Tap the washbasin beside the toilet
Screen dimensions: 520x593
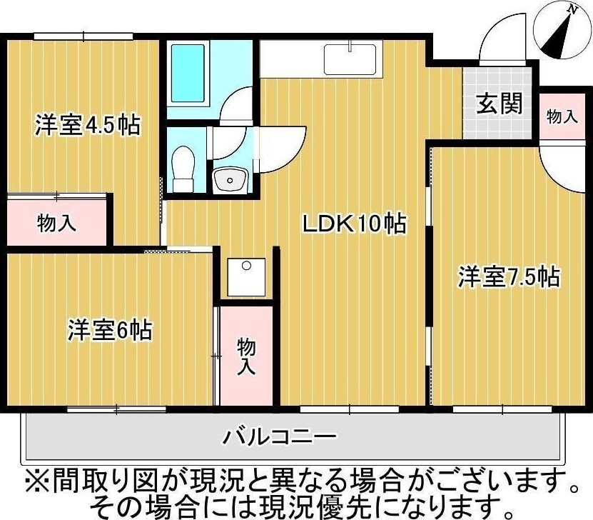click(x=230, y=179)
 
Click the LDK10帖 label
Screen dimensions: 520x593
click(x=355, y=224)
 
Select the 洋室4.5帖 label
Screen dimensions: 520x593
click(x=86, y=126)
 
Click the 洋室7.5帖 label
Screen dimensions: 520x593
click(x=508, y=276)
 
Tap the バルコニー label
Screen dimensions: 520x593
click(x=280, y=435)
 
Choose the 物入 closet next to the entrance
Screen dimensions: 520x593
click(x=562, y=116)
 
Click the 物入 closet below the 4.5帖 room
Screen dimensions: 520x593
click(x=56, y=222)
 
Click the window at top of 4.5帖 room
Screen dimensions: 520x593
click(x=83, y=36)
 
